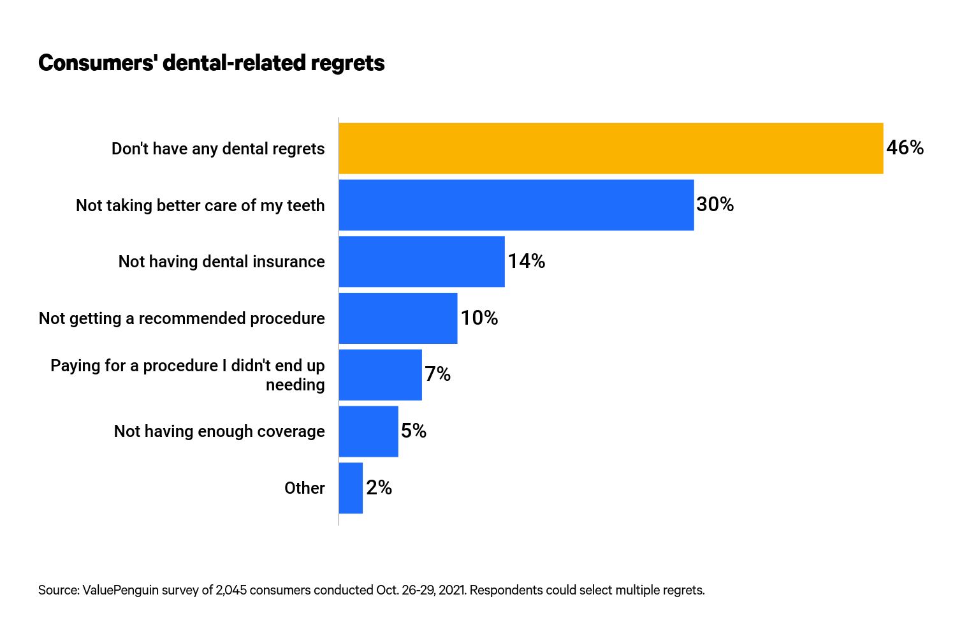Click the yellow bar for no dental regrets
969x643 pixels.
pos(611,148)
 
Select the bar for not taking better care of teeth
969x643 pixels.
pos(516,205)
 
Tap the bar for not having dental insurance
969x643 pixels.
pos(421,262)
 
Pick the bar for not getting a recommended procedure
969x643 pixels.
pos(398,318)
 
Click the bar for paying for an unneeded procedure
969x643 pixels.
pos(380,374)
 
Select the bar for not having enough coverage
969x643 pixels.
pos(368,431)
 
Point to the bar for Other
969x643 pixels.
pos(351,488)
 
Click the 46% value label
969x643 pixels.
pos(905,148)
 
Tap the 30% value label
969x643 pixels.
pos(715,205)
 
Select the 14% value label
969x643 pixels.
pos(526,262)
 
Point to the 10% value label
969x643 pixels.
pos(479,318)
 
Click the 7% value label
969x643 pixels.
pos(437,374)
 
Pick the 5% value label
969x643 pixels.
pos(413,431)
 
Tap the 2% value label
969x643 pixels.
pos(379,488)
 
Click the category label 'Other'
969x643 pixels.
pos(304,488)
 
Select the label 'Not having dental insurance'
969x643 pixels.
pos(221,262)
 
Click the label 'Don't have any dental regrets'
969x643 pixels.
pos(218,149)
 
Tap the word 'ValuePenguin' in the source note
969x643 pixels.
pos(120,590)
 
